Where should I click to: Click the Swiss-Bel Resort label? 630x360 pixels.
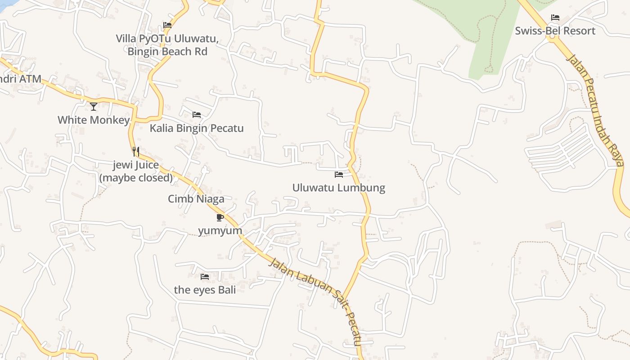coord(555,31)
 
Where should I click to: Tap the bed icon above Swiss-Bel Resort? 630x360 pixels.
coord(555,18)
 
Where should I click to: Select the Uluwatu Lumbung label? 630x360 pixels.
coord(338,188)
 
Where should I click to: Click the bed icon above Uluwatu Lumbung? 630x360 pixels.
coord(339,175)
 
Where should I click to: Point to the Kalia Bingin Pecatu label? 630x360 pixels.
coord(197,128)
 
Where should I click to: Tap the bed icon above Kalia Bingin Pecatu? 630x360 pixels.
coord(197,115)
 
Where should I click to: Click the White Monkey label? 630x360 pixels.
coord(94,120)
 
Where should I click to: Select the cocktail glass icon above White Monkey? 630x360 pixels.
coord(94,107)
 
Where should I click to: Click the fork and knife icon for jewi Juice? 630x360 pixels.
coord(136,152)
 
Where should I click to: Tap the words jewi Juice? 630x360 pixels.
coord(136,165)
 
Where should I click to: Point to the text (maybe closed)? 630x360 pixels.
coord(136,178)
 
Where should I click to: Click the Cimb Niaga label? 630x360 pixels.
coord(196,199)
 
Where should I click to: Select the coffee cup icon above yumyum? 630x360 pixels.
coord(220,218)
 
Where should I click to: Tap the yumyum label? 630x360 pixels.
coord(220,231)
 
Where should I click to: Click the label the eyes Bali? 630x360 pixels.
coord(205,290)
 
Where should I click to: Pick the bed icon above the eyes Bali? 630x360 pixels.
coord(205,277)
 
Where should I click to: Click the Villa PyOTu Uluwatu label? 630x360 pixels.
coord(167,39)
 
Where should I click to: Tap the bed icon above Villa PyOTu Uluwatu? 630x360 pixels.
coord(167,25)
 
